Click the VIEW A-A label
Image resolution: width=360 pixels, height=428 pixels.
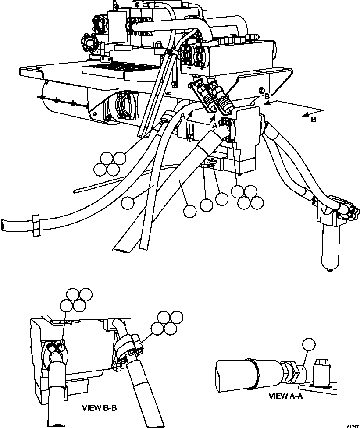coord(285,396)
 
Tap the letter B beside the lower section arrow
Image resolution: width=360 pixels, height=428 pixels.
coord(313,120)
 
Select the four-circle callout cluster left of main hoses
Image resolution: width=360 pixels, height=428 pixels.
coord(112,163)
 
